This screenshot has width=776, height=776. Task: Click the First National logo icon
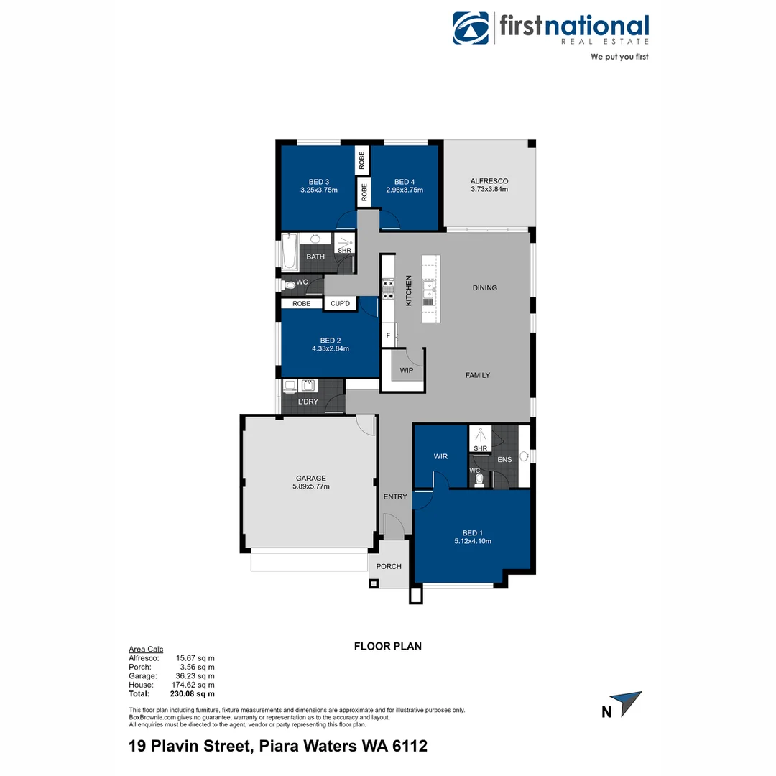[471, 28]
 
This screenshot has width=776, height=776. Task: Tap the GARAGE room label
[311, 478]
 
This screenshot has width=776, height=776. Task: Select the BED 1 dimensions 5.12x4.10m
[472, 541]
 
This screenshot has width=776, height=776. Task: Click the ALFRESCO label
[489, 181]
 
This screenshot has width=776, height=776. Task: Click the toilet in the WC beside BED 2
[290, 285]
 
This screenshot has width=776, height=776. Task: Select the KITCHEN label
[408, 291]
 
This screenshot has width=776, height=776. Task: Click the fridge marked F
[388, 335]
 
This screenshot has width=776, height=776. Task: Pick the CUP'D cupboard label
[340, 304]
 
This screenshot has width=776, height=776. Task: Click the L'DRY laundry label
[308, 402]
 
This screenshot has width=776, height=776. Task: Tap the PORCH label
[389, 566]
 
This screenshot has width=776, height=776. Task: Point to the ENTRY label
[395, 496]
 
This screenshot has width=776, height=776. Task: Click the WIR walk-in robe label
[440, 456]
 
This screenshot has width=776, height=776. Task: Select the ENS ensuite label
[504, 458]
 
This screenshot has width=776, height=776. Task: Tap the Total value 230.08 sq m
[195, 694]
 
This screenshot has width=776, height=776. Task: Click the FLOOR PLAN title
[388, 646]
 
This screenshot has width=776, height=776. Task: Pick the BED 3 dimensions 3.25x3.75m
[319, 190]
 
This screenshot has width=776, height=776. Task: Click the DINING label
[485, 287]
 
